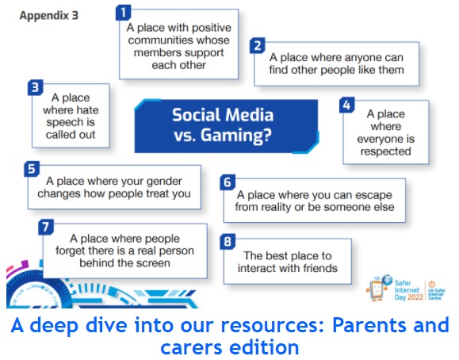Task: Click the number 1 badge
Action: point(123,13)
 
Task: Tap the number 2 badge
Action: point(258,46)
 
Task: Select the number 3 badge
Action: point(36,87)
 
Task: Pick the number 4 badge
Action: point(347,105)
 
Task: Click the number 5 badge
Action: point(32,169)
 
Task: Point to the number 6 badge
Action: point(228,182)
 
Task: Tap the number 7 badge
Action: point(46,227)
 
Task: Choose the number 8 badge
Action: point(228,242)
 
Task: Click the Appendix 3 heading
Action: point(49,16)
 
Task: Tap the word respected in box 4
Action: point(385,151)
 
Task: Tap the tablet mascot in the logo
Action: point(377,289)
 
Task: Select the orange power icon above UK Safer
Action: point(432,284)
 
